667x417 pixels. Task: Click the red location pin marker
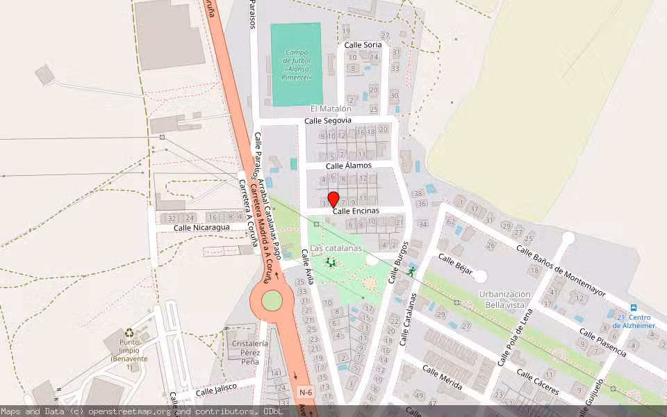[333, 199]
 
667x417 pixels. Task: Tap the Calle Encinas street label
[356, 211]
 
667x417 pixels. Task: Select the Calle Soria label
[363, 45]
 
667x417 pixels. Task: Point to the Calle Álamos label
[349, 165]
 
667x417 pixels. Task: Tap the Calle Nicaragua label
[201, 227]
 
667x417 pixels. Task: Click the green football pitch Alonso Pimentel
[296, 65]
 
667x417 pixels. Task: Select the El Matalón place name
[331, 108]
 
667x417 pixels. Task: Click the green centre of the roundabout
[272, 301]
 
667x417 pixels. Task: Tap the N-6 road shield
[306, 393]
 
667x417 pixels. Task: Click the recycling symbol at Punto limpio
[129, 333]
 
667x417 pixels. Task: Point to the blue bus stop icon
[634, 307]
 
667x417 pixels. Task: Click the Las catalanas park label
[336, 248]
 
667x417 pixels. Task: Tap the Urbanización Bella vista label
[504, 300]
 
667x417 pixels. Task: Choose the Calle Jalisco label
[216, 390]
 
